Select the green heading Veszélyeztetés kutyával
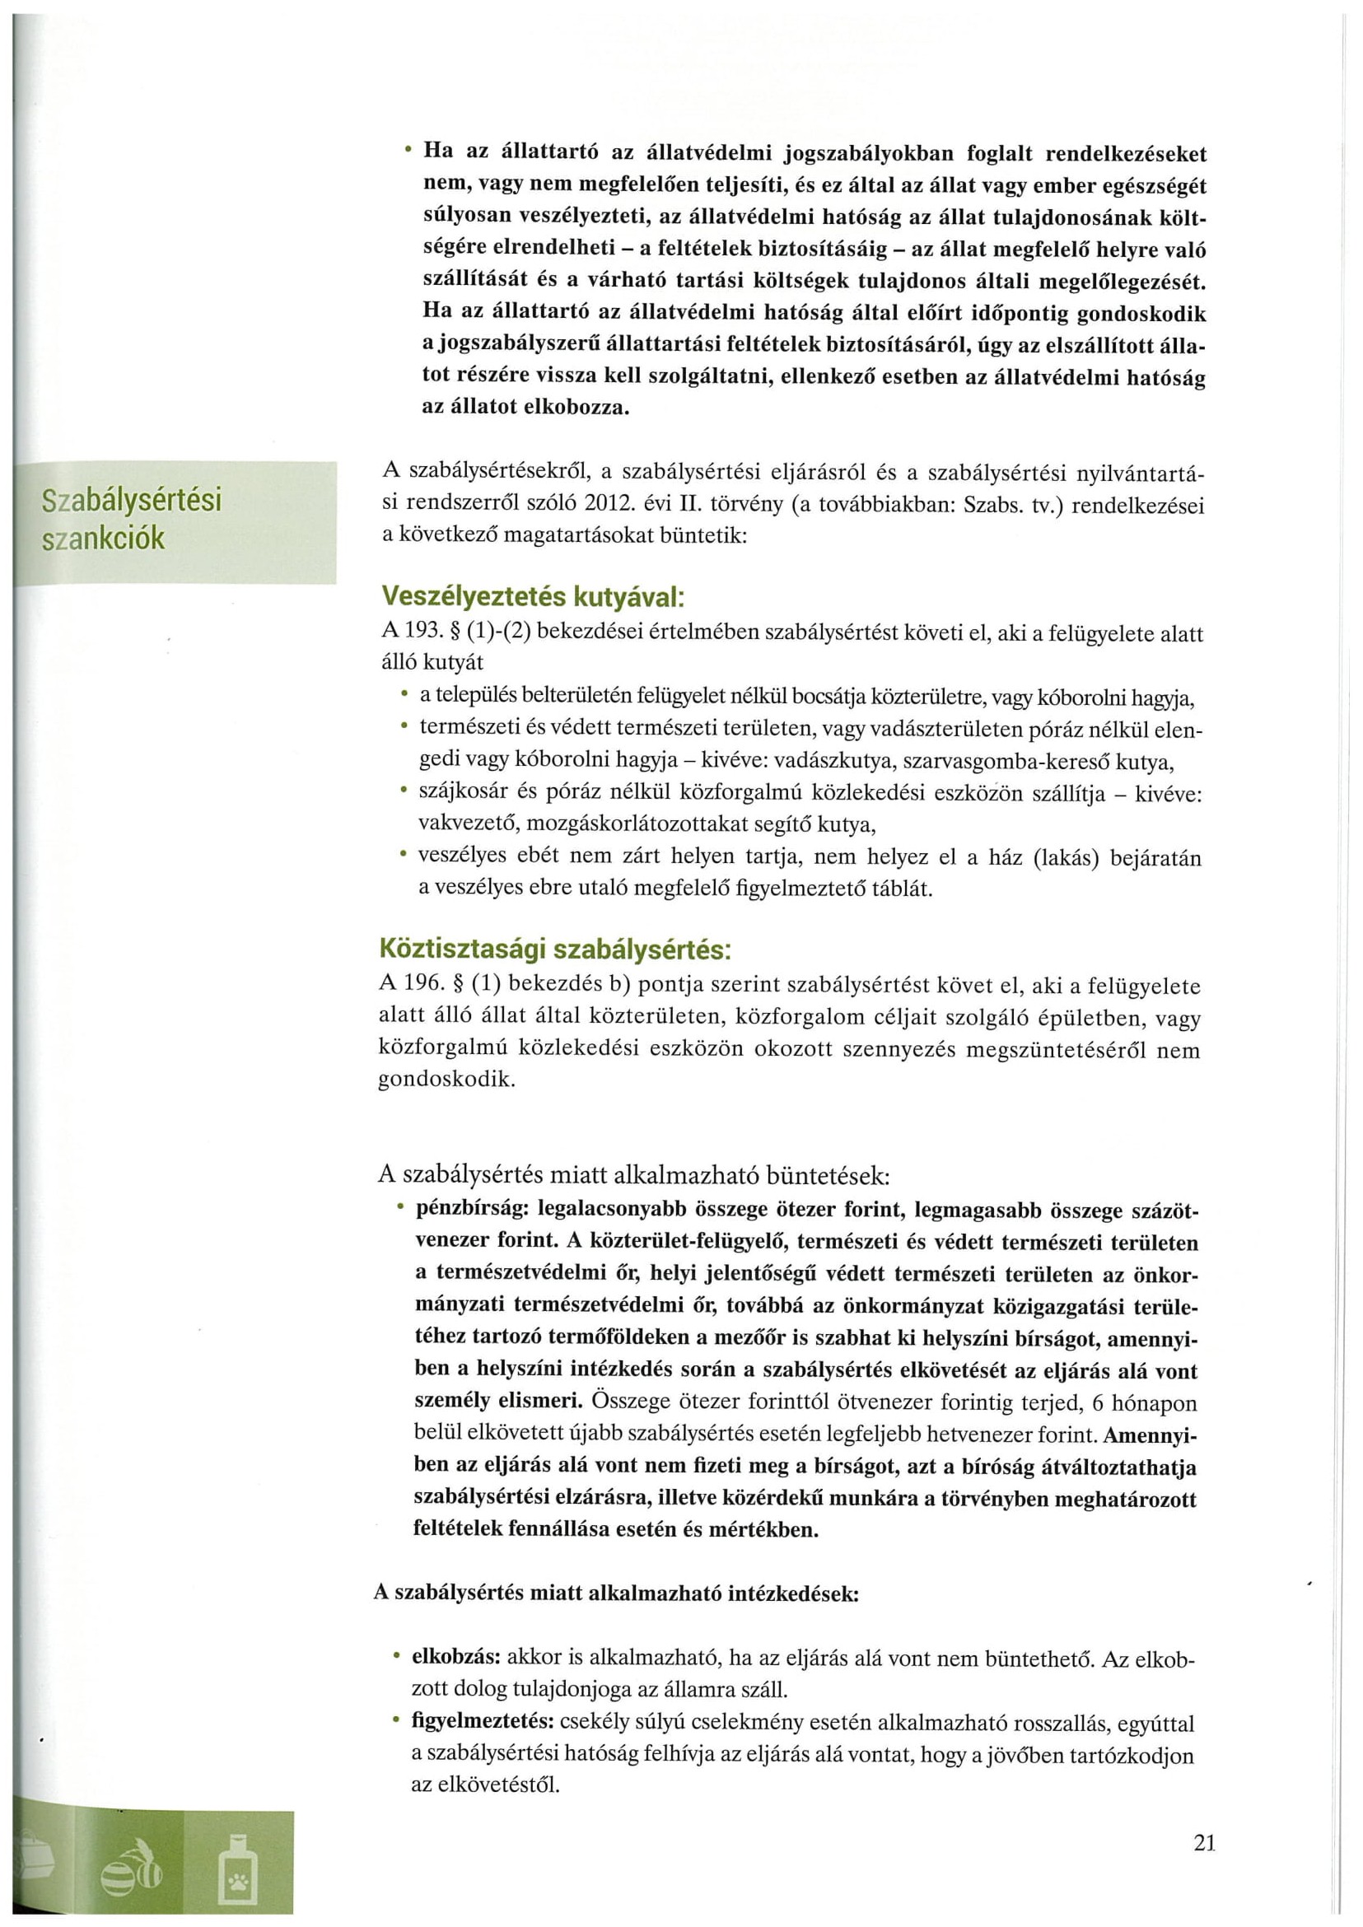(x=533, y=597)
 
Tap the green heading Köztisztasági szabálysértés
(x=556, y=950)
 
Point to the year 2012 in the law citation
(x=607, y=506)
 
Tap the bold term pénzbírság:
(x=470, y=1211)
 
